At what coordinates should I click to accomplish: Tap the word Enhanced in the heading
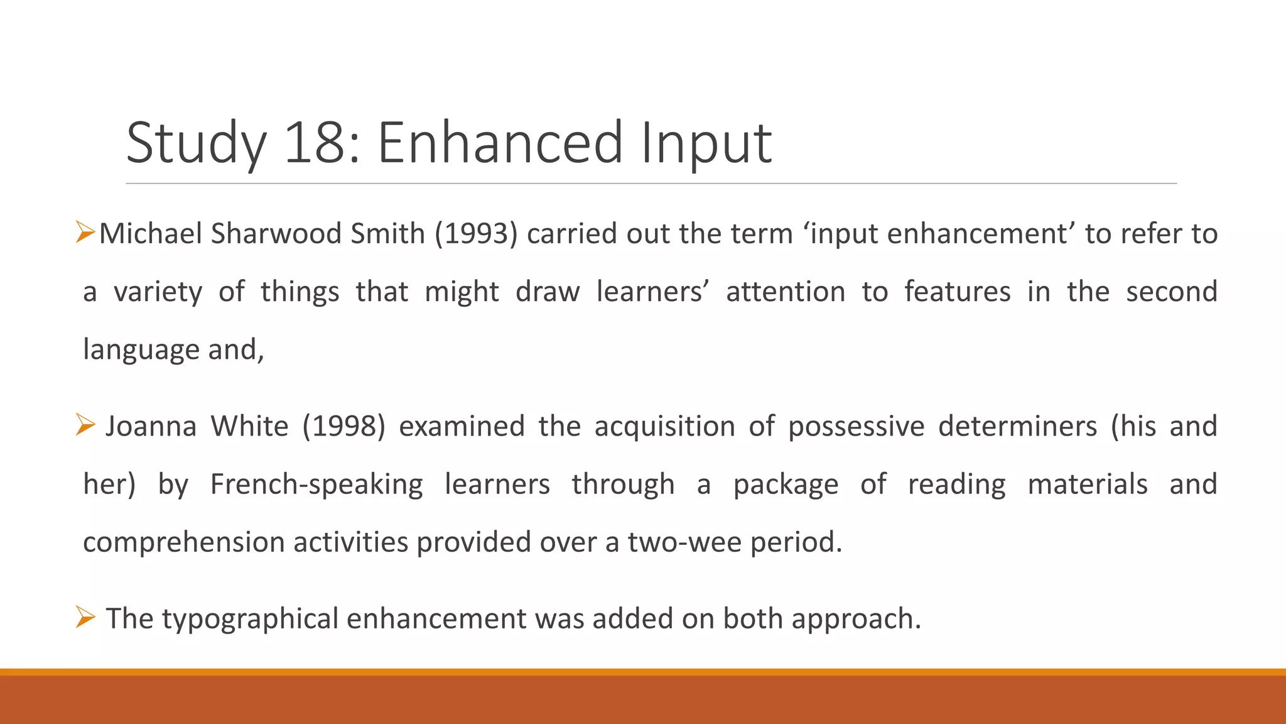(x=500, y=143)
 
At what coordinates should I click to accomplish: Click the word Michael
(x=151, y=234)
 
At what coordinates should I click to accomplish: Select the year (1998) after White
(x=343, y=426)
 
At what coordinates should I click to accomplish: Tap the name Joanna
(x=151, y=426)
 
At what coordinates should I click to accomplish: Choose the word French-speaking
(x=316, y=485)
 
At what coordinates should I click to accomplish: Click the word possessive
(x=856, y=426)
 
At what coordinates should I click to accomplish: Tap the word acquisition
(x=664, y=427)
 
